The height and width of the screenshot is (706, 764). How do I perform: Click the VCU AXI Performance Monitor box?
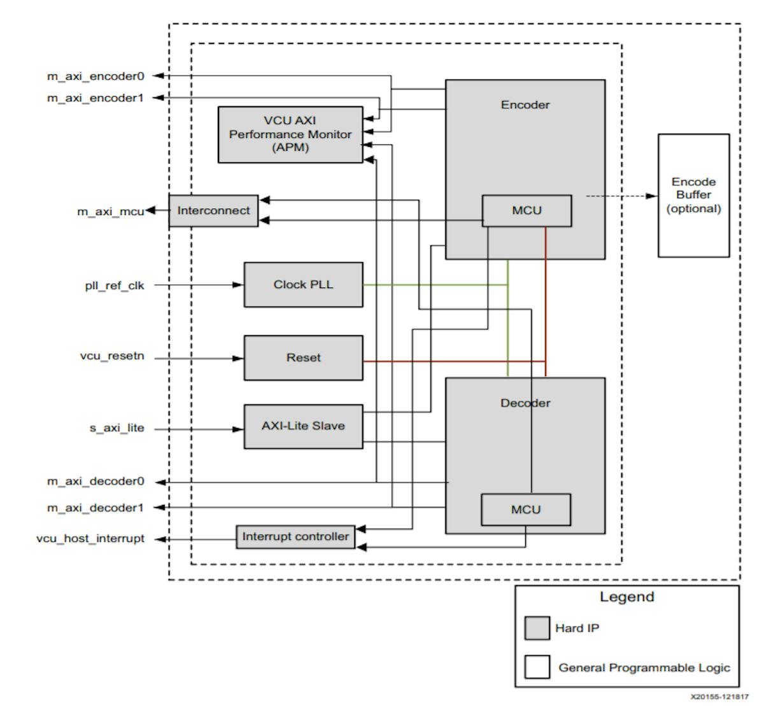point(290,134)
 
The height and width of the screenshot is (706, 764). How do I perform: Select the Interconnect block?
point(213,211)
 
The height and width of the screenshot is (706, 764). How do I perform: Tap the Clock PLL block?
point(303,284)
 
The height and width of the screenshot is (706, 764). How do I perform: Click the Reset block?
point(303,357)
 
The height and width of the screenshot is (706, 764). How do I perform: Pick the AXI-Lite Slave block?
point(303,426)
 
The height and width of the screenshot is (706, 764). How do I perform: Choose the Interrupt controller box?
point(295,537)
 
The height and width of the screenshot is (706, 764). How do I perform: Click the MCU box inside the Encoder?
point(527,211)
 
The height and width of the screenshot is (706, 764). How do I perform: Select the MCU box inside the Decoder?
point(525,509)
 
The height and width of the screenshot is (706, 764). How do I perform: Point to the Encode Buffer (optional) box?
point(693,195)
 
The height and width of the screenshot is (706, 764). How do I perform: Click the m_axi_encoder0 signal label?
point(95,76)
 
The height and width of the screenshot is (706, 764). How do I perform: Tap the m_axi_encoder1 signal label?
point(95,98)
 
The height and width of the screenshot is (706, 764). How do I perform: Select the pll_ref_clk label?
point(115,286)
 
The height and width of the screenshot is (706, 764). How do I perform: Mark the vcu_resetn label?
point(112,356)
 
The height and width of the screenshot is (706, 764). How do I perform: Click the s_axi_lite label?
point(117,429)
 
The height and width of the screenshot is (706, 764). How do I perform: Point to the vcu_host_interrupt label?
point(90,539)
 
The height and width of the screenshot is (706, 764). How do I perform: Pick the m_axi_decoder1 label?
point(95,508)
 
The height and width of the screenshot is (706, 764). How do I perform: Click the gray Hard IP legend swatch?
point(537,628)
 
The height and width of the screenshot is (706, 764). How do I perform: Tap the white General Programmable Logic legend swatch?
point(537,667)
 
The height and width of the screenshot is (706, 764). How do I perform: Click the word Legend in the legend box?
point(626,597)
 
